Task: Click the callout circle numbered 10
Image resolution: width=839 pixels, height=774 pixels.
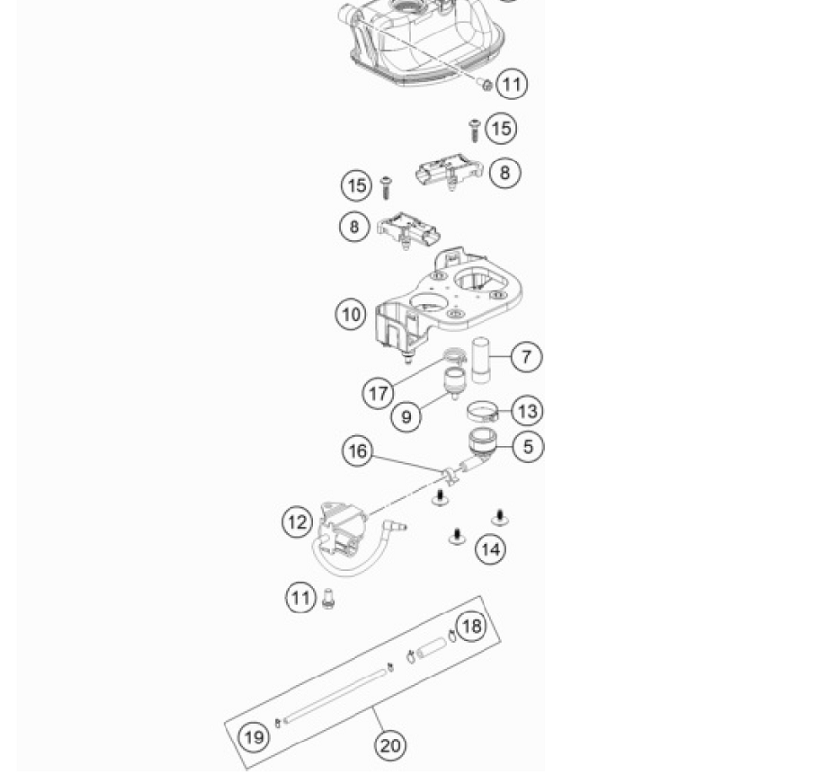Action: tap(351, 314)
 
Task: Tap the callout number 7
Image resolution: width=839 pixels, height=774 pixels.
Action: tap(526, 356)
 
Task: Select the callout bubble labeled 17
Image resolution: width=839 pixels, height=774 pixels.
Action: tap(379, 393)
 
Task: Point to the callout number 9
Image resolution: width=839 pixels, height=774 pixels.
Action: tap(406, 417)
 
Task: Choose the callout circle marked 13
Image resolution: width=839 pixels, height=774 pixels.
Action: tap(527, 411)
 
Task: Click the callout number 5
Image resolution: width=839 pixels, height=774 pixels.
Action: tap(528, 447)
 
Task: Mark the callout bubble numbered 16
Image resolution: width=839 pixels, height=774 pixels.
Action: tap(357, 451)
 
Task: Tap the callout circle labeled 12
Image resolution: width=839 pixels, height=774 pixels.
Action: tap(297, 522)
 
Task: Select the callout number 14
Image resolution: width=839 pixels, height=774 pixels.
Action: tap(489, 548)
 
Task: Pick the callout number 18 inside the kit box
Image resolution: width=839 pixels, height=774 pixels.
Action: tap(472, 625)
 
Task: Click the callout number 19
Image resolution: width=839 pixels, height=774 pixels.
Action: tap(254, 737)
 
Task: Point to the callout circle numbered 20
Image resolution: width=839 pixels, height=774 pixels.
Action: tap(390, 745)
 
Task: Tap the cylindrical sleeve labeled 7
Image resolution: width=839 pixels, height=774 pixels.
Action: tap(482, 359)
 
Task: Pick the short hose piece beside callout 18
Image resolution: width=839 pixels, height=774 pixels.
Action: tap(431, 649)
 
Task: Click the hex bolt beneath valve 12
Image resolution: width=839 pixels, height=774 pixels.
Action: tap(329, 598)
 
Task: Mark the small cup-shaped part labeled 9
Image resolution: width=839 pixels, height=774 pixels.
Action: tap(454, 381)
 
